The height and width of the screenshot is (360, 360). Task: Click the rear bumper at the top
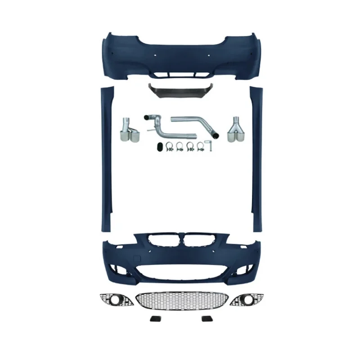click(x=180, y=56)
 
